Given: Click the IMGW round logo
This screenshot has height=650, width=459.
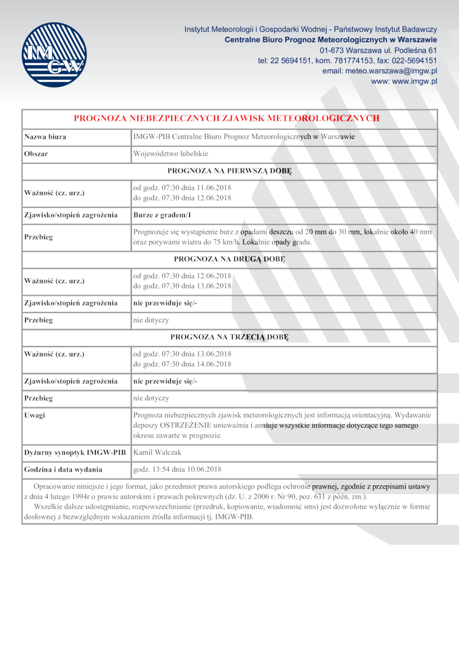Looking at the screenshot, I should pyautogui.click(x=54, y=55).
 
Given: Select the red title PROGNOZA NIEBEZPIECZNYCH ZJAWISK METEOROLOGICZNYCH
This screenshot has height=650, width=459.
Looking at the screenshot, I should pyautogui.click(x=227, y=118).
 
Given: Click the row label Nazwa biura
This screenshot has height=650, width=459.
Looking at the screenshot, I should pyautogui.click(x=45, y=137).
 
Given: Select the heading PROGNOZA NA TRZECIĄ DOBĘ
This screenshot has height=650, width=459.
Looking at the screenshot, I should pyautogui.click(x=229, y=337).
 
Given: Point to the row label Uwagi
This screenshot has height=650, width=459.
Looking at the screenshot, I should pyautogui.click(x=35, y=415).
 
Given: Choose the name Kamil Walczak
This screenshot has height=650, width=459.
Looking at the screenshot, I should pyautogui.click(x=157, y=452).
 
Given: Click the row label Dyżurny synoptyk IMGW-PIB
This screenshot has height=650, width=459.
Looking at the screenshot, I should pyautogui.click(x=75, y=452).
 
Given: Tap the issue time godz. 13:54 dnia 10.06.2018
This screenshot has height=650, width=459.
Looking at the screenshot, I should pyautogui.click(x=177, y=469).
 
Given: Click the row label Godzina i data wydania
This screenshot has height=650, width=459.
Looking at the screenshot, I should pyautogui.click(x=63, y=469).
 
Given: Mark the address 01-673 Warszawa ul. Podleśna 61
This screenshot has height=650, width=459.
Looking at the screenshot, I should pyautogui.click(x=378, y=50).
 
